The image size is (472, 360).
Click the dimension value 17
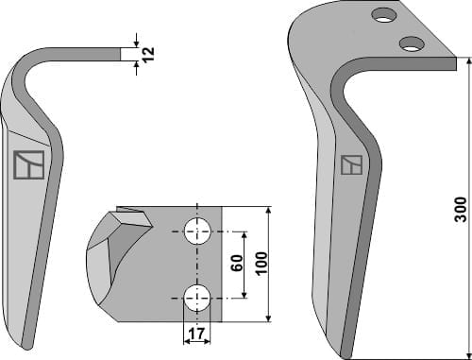(196, 334)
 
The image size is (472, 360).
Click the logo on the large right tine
(350, 166)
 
